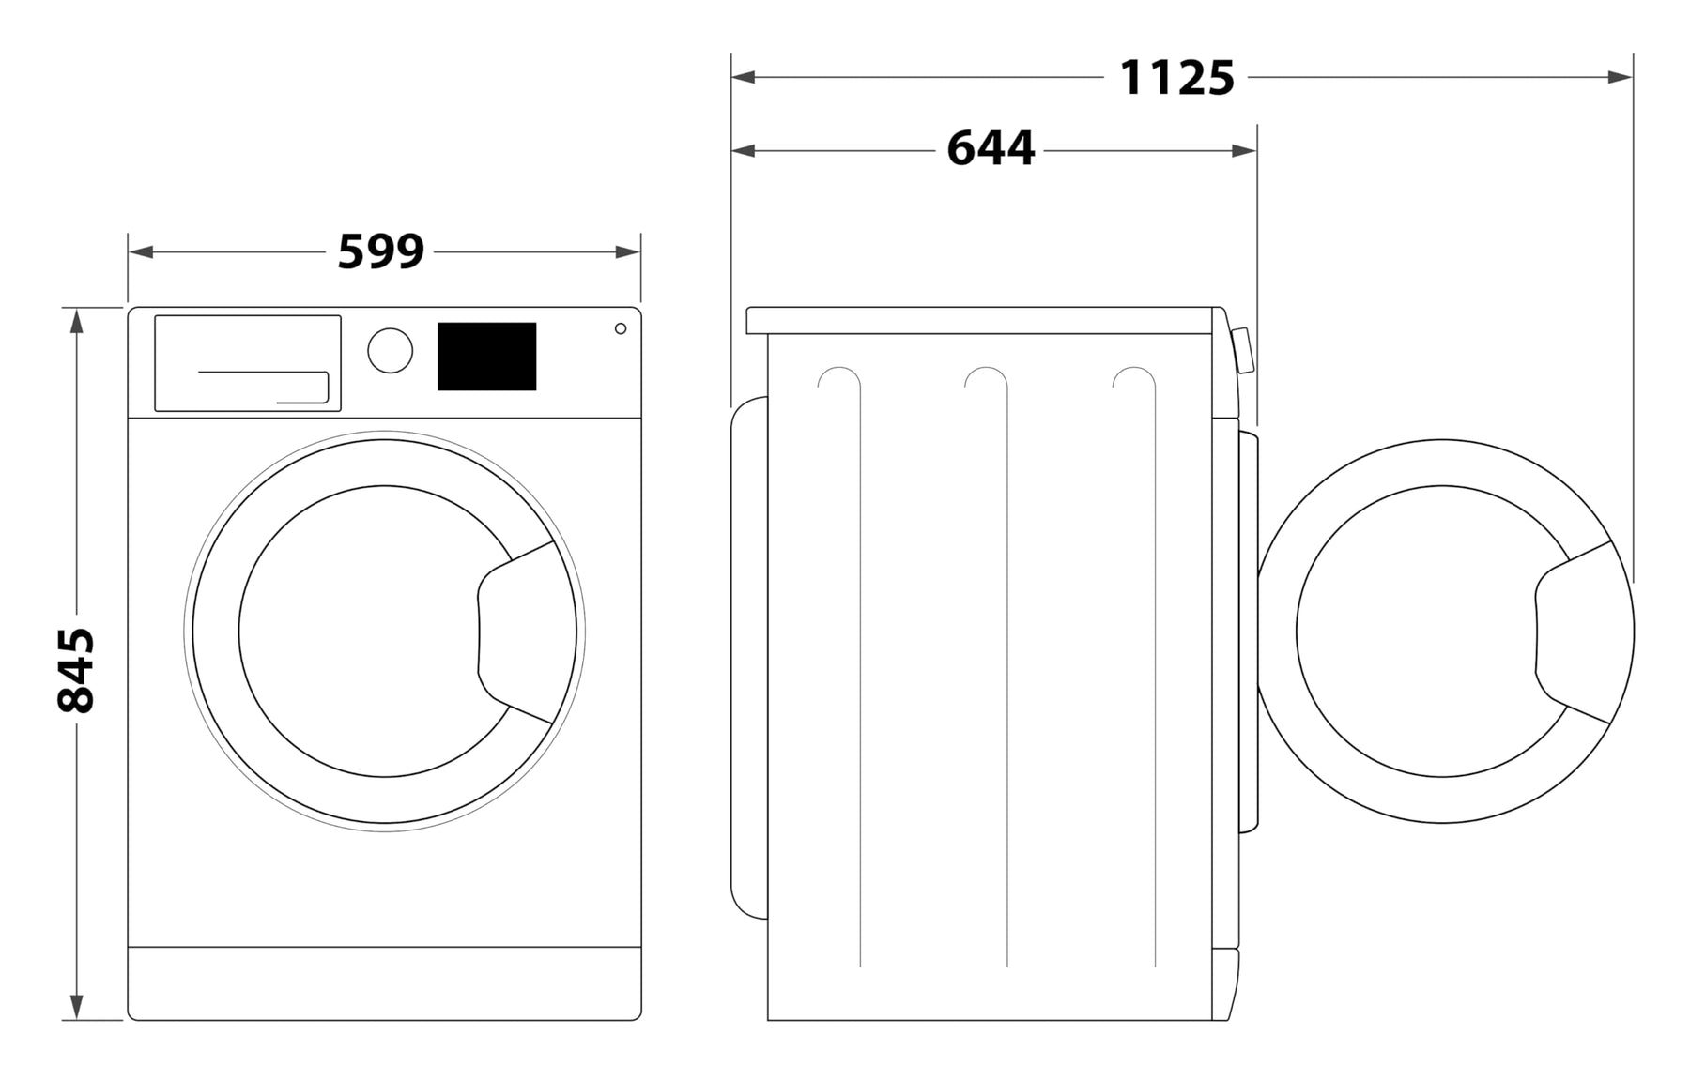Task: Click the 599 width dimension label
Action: click(x=380, y=251)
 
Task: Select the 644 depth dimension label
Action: click(x=991, y=149)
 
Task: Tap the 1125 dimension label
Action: click(x=1176, y=77)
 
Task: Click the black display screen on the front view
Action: click(x=486, y=357)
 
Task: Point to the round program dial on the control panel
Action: click(x=390, y=350)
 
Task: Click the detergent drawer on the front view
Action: click(x=248, y=363)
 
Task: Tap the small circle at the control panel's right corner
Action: click(x=621, y=328)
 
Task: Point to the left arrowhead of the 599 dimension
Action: click(x=141, y=251)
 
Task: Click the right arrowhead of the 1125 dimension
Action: click(x=1621, y=77)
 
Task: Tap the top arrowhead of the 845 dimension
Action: click(x=77, y=321)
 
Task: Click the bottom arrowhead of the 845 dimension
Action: click(x=77, y=1007)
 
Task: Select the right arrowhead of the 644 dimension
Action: click(x=1245, y=150)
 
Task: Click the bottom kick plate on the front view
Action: click(x=385, y=983)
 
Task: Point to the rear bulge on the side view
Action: click(x=749, y=657)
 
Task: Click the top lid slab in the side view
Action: click(x=983, y=320)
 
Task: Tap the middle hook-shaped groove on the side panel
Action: click(x=987, y=666)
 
